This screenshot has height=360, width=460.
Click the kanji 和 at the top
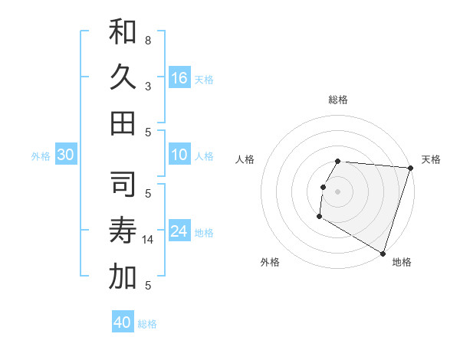pos(123,31)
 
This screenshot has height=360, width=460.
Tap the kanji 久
pos(123,77)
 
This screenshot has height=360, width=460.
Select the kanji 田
pos(123,123)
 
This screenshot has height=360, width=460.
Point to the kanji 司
pos(123,185)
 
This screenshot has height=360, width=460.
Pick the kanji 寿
pos(123,231)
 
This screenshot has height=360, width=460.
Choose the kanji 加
pos(123,277)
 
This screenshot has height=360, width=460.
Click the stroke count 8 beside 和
pos(147,40)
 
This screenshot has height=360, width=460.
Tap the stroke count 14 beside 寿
pos(149,240)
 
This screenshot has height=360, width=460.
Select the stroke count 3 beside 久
pos(147,86)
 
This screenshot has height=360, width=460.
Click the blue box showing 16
pos(179,77)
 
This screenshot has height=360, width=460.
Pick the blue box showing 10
pos(179,155)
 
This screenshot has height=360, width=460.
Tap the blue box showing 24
pos(179,231)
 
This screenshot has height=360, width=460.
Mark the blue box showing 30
pos(65,155)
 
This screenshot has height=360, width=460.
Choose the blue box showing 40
pos(123,322)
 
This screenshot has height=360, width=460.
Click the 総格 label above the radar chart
pos(338,100)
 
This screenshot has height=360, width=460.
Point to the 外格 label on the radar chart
pos(270,262)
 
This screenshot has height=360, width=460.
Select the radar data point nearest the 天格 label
pos(409,168)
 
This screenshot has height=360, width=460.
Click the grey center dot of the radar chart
pos(338,191)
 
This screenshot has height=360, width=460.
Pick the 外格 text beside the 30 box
pos(41,156)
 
